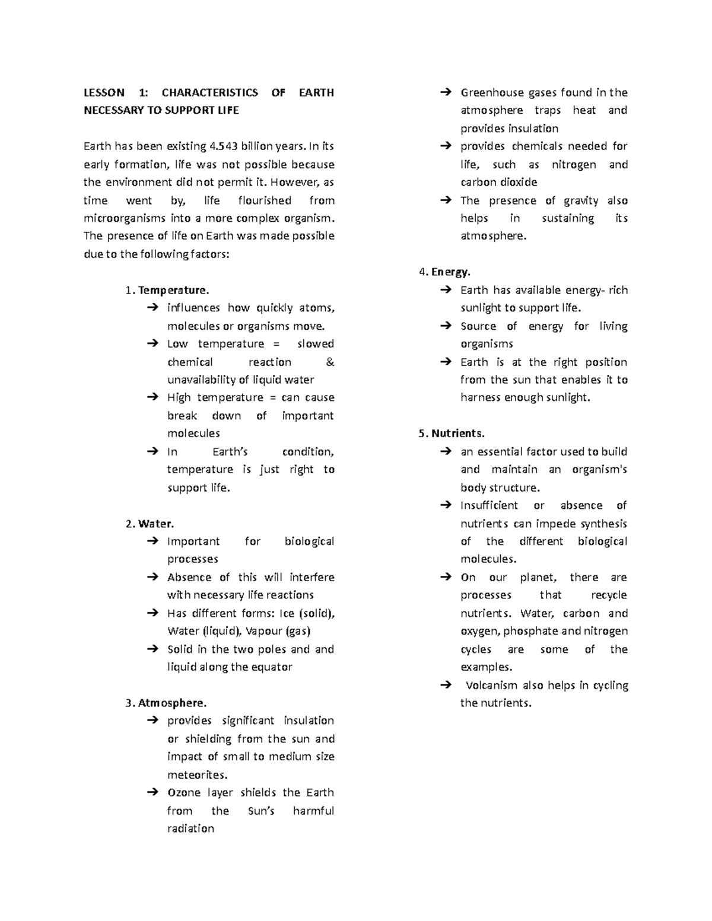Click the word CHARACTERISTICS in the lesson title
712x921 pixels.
(x=209, y=93)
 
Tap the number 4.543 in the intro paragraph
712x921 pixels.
(x=225, y=146)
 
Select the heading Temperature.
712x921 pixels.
(x=173, y=290)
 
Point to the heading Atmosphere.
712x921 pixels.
(x=172, y=703)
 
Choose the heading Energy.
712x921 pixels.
(x=450, y=272)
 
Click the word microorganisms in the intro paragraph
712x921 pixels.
(x=125, y=218)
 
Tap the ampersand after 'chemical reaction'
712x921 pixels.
(x=330, y=362)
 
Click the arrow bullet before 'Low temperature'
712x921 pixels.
(x=152, y=344)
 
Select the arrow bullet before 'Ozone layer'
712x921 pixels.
(x=152, y=793)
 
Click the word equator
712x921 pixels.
(x=272, y=667)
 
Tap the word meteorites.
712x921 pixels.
(x=196, y=775)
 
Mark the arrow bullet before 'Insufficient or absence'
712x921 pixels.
(x=445, y=506)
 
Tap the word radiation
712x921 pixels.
(x=190, y=828)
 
